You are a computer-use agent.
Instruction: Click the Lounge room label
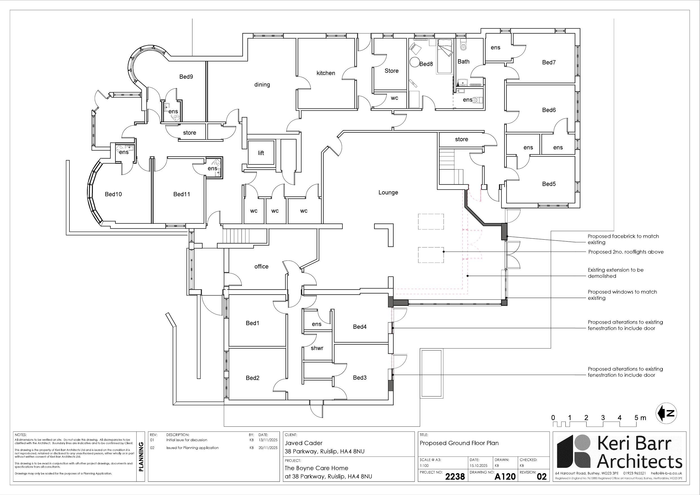coord(388,192)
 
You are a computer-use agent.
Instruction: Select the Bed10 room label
coord(113,194)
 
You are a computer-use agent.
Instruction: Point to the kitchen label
coord(326,73)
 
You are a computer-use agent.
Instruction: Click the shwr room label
coord(317,348)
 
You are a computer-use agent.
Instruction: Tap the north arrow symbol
coord(666,413)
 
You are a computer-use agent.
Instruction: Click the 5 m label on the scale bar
coord(640,418)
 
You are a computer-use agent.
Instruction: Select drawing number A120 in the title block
coord(504,476)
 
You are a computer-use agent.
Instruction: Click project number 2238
coord(455,476)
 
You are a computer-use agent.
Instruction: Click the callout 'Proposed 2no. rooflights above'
coord(626,252)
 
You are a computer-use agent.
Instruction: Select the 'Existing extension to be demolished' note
coord(615,273)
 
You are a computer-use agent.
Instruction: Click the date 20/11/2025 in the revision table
coord(268,448)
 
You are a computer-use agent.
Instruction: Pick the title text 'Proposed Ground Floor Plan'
coord(459,443)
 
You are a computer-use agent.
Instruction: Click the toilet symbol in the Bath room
coord(463,46)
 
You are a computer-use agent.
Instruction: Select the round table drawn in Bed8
coord(414,63)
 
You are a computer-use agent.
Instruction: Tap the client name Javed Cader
coord(303,443)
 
